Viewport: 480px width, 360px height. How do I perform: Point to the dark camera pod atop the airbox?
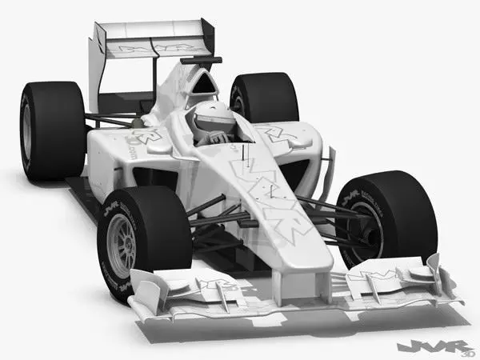click(201, 60)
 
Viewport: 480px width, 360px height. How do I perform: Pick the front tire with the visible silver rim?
click(144, 236)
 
